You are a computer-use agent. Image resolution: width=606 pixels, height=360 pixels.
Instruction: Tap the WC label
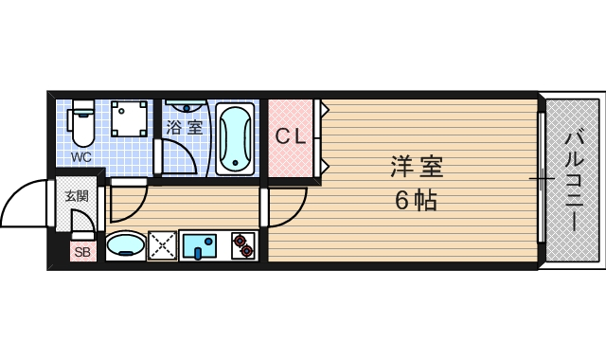pos(81,157)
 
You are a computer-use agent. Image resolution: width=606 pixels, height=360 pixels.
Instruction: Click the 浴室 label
pos(185,127)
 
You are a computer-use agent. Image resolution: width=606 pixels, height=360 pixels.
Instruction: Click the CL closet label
pos(290,136)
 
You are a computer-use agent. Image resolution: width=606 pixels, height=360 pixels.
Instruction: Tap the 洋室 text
pos(417,167)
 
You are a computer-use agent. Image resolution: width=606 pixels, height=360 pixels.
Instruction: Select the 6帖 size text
pos(417,200)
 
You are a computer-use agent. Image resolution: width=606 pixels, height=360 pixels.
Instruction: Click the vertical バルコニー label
pos(573,180)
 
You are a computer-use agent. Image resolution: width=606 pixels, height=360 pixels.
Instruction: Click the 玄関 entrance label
pos(76,196)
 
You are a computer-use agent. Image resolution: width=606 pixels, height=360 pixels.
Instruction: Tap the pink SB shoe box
pos(82,252)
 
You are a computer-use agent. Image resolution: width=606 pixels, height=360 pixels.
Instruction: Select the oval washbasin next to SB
pos(124,247)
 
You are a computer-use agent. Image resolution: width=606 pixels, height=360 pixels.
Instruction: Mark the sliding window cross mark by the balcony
pos(541,178)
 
